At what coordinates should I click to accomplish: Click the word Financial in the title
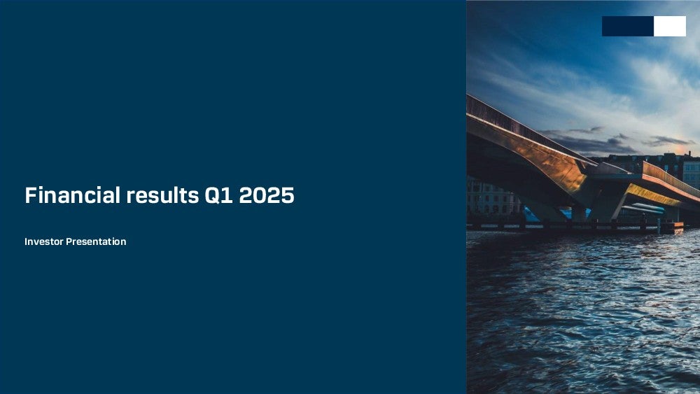coord(72,195)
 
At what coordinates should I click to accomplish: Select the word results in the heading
coord(162,195)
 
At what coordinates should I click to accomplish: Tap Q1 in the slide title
coord(218,195)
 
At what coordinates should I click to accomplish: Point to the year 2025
coord(267,195)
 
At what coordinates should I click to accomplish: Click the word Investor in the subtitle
coord(43,241)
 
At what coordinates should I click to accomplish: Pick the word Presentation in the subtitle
coord(96,241)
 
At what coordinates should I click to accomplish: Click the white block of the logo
coord(670,27)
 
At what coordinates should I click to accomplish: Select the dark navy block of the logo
coord(628,27)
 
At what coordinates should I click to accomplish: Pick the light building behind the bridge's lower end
coord(691,174)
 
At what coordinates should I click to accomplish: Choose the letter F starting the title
coord(30,195)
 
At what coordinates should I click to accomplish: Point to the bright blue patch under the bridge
coord(531,214)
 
